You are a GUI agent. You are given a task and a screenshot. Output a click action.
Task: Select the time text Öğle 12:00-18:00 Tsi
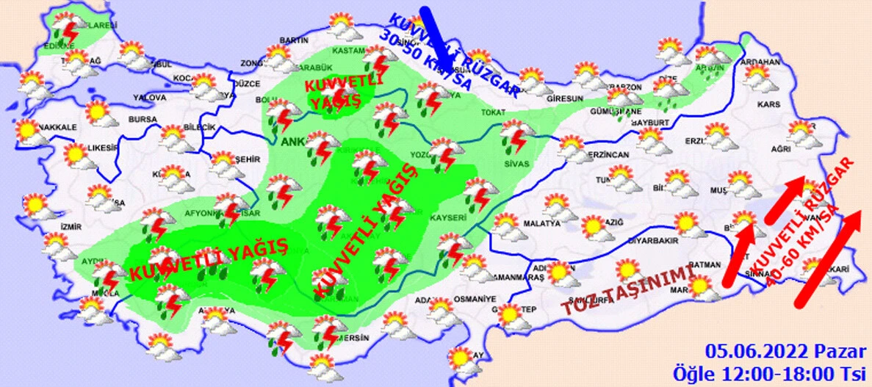tap(773, 371)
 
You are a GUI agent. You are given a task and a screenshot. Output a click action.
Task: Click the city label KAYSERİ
tap(448, 218)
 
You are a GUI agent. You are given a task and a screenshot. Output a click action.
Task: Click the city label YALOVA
tap(151, 97)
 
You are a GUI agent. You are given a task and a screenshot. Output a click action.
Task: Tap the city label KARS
tap(768, 105)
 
